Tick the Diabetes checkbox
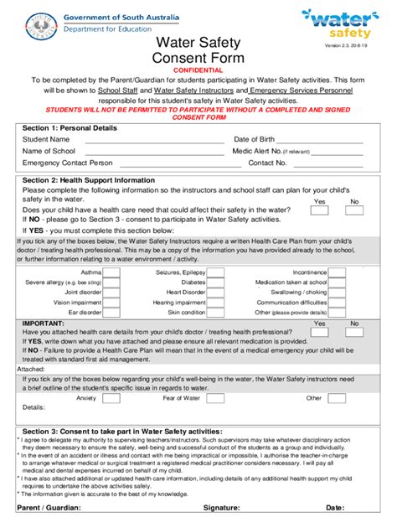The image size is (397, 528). pyautogui.click(x=215, y=282)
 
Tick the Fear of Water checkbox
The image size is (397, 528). pyautogui.click(x=215, y=398)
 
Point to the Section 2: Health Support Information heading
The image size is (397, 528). pyautogui.click(x=93, y=180)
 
